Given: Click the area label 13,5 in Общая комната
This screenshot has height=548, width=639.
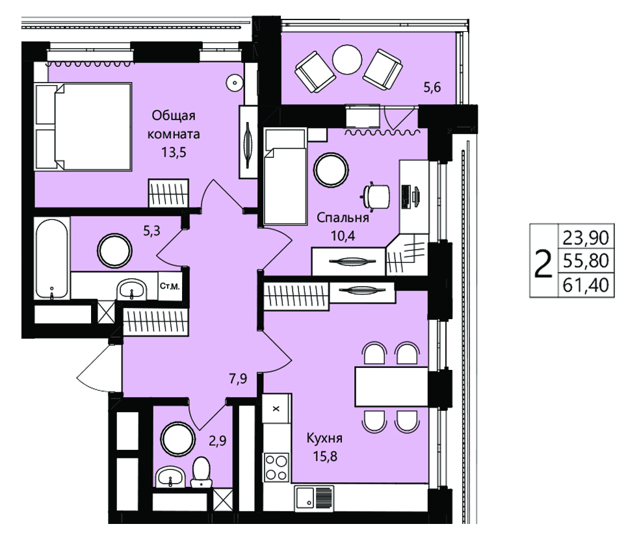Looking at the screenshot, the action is [x=174, y=152].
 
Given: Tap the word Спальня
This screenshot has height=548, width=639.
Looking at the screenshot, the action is [x=343, y=218].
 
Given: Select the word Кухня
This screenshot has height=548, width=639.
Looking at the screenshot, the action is [x=324, y=438].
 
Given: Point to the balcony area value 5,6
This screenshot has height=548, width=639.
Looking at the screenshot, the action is [x=432, y=87].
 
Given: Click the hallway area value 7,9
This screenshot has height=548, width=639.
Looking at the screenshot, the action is [x=238, y=379].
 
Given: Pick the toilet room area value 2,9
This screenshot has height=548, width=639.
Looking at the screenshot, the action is [x=217, y=441].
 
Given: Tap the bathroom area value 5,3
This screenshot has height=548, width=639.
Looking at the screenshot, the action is [x=151, y=231].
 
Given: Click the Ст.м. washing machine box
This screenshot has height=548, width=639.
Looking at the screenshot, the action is [x=170, y=286].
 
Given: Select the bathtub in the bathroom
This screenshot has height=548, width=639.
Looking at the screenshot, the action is [x=52, y=257].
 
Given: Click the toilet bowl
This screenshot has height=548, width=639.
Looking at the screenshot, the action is [x=202, y=473].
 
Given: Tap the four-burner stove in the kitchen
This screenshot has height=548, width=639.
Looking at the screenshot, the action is [x=276, y=467].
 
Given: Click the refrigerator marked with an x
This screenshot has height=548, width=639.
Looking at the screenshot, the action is [x=276, y=408].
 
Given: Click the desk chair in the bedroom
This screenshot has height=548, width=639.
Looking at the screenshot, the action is [x=376, y=196].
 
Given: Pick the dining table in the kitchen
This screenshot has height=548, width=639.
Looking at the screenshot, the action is [x=391, y=387].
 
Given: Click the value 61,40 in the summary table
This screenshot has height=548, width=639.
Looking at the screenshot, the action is [x=586, y=284].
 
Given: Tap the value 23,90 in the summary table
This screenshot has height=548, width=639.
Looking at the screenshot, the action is [x=586, y=237].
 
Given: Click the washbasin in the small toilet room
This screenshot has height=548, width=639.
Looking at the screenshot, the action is [x=170, y=476].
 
